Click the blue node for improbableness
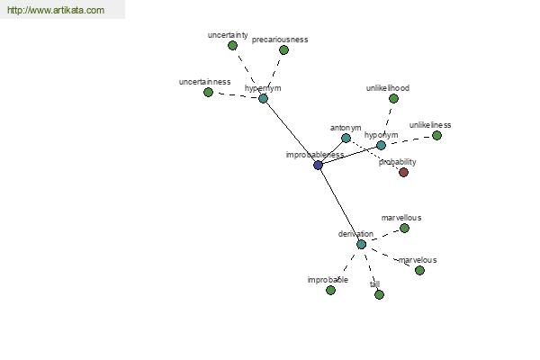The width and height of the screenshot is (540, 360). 318,165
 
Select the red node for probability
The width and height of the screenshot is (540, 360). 403,172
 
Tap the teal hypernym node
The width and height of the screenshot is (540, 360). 263,98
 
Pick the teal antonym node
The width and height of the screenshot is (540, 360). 346,138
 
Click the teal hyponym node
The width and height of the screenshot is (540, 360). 381,146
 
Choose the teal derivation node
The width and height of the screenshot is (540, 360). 361,244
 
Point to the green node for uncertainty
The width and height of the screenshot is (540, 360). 233,46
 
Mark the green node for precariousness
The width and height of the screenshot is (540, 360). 283,50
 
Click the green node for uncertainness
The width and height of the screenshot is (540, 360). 209,93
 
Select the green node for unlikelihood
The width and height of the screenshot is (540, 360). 393,98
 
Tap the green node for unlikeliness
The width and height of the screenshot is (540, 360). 436,135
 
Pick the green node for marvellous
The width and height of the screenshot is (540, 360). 404,228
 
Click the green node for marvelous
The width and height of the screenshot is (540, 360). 419,270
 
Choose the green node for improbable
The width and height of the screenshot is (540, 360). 330,291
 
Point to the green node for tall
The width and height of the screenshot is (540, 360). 379,295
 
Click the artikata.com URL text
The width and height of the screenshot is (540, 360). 56,10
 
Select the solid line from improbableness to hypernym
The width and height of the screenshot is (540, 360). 291,131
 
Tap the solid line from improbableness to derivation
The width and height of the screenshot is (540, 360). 339,204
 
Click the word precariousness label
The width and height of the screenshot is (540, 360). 280,40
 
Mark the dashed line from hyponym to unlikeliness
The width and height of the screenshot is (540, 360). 409,140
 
